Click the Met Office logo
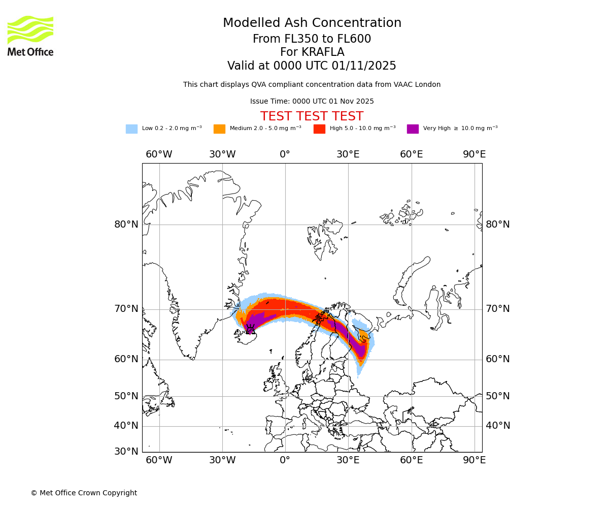[x=30, y=36]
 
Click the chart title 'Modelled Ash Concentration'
[x=312, y=23]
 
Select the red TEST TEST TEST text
[x=312, y=117]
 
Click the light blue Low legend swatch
[x=131, y=129]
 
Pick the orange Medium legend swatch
[x=219, y=129]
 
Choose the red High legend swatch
[x=319, y=129]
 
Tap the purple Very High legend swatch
[x=413, y=129]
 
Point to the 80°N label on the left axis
[x=126, y=225]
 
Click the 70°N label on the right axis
[x=498, y=309]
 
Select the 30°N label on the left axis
[x=126, y=451]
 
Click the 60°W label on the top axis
[x=159, y=154]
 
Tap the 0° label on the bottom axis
[x=285, y=460]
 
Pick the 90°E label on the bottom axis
[x=474, y=460]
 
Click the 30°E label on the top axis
[x=348, y=154]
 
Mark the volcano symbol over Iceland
[x=250, y=330]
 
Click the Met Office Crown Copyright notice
[x=84, y=493]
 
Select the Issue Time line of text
[x=312, y=102]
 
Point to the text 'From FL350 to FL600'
[x=312, y=39]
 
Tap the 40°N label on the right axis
[x=498, y=426]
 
